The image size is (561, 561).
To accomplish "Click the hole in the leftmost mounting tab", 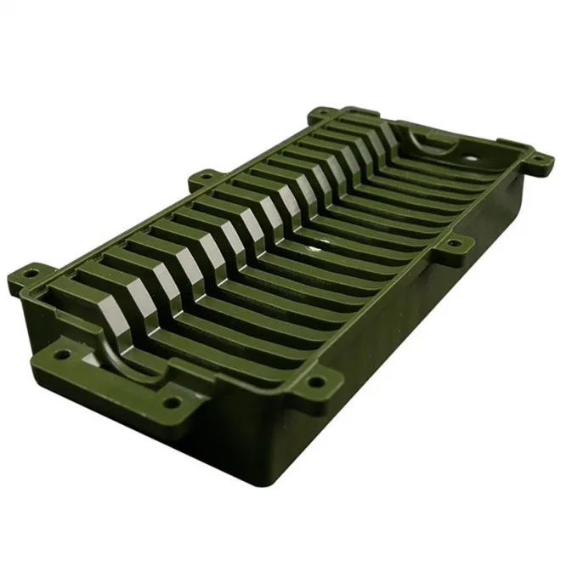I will point(30,273).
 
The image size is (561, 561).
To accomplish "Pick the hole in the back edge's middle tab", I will point(202,178).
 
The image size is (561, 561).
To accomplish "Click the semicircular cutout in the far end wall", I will point(425,136).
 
